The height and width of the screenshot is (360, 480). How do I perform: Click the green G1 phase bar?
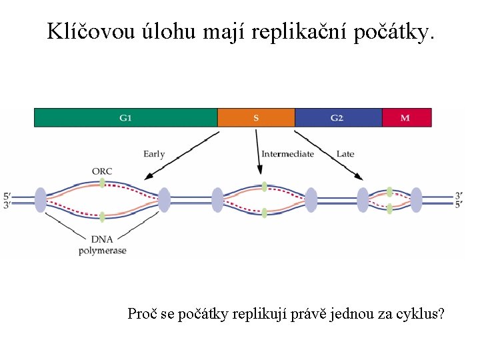[125, 118]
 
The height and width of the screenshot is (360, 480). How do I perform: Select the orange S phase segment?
[256, 118]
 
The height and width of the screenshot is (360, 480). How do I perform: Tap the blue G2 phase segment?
[338, 118]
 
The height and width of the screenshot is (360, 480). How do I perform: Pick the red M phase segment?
[406, 118]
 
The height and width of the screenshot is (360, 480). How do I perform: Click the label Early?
[154, 154]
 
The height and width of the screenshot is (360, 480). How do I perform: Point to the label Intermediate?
[287, 154]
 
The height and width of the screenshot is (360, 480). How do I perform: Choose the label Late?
[345, 154]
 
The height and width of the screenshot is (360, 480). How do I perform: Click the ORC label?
[102, 171]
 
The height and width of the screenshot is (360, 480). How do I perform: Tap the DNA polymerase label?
[102, 245]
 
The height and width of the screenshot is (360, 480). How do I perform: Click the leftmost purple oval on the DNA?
[40, 200]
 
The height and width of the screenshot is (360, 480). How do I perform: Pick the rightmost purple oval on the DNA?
[416, 200]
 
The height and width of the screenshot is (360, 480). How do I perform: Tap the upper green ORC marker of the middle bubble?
[265, 186]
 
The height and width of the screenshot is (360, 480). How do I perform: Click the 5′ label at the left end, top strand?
[7, 195]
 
